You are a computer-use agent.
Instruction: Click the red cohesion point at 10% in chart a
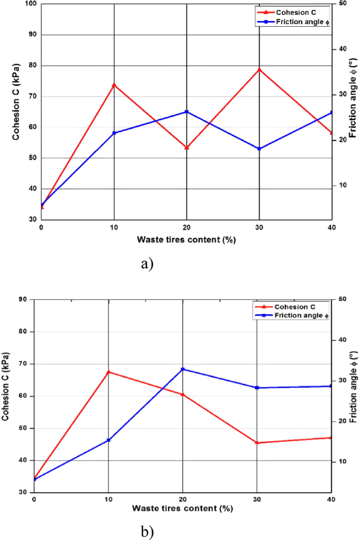click(x=114, y=85)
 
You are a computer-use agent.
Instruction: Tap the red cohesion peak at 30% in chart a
click(x=259, y=69)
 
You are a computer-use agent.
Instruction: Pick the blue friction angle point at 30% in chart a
click(x=259, y=149)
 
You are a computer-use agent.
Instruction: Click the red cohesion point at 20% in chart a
click(x=187, y=148)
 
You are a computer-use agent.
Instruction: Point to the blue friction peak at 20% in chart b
click(x=183, y=369)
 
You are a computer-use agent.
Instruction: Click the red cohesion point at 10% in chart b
click(x=108, y=372)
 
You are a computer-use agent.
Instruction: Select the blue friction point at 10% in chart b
click(x=108, y=440)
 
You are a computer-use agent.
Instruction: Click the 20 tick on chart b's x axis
click(x=183, y=499)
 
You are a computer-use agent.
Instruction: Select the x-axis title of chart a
click(x=186, y=240)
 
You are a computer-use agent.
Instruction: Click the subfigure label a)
click(x=147, y=264)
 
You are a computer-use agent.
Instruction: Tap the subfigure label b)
click(x=147, y=532)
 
